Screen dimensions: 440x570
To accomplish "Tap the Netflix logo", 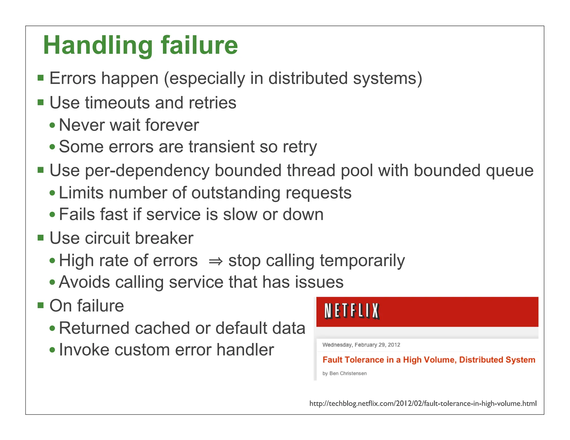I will click(352, 311).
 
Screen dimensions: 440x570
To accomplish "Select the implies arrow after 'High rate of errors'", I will click(216, 261).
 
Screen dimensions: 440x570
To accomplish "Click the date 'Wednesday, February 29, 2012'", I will click(361, 345).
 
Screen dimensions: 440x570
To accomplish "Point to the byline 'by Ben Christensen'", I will click(344, 373).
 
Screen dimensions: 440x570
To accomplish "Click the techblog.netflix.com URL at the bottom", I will click(423, 403).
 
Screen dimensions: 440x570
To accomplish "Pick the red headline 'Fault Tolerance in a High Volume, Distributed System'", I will click(429, 360).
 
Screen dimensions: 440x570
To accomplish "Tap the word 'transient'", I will click(221, 147).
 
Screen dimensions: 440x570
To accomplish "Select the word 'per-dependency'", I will click(147, 170).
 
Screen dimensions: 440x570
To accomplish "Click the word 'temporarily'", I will click(362, 261).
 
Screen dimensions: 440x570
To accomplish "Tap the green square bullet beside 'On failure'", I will click(41, 306).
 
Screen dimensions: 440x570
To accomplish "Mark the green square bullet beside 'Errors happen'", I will click(41, 78).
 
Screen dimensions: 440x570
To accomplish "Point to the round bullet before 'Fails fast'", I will click(52, 214).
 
